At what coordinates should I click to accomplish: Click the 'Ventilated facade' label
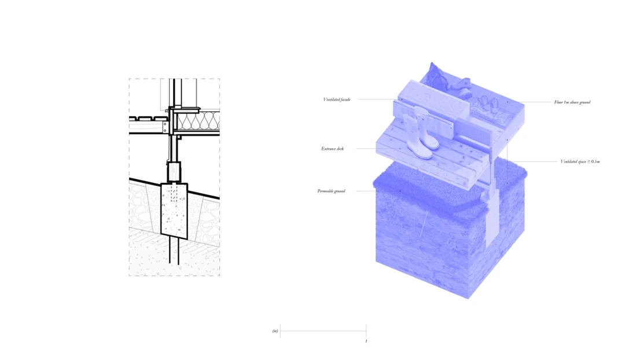337,100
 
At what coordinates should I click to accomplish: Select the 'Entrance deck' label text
333,149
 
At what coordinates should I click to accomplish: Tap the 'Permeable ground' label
331,191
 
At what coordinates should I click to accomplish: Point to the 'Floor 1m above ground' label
572,102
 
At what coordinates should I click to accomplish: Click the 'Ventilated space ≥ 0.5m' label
580,161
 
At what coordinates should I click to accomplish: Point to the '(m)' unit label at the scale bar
275,331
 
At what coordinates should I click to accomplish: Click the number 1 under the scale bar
366,341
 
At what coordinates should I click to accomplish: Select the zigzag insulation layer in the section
197,120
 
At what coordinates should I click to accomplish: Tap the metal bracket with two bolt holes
165,126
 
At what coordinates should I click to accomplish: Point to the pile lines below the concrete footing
174,252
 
